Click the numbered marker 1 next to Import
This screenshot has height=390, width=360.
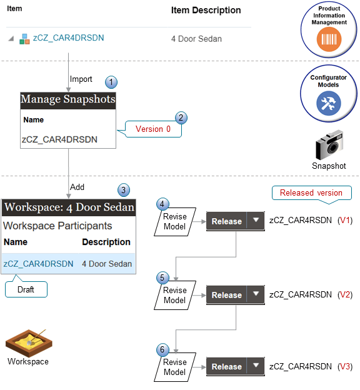tap(111, 82)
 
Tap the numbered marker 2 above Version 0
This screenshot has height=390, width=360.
tap(181, 117)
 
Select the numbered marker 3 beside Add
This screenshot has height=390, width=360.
tap(124, 189)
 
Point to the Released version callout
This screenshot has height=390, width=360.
tap(311, 193)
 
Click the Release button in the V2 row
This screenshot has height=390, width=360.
tap(226, 295)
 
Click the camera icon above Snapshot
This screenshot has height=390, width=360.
tap(329, 146)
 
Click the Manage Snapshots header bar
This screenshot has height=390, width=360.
tap(68, 99)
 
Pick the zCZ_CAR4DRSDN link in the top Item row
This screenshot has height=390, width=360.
tap(68, 38)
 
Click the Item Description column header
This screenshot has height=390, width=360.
tap(206, 11)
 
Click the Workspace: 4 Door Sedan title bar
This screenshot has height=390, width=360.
tap(68, 207)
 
